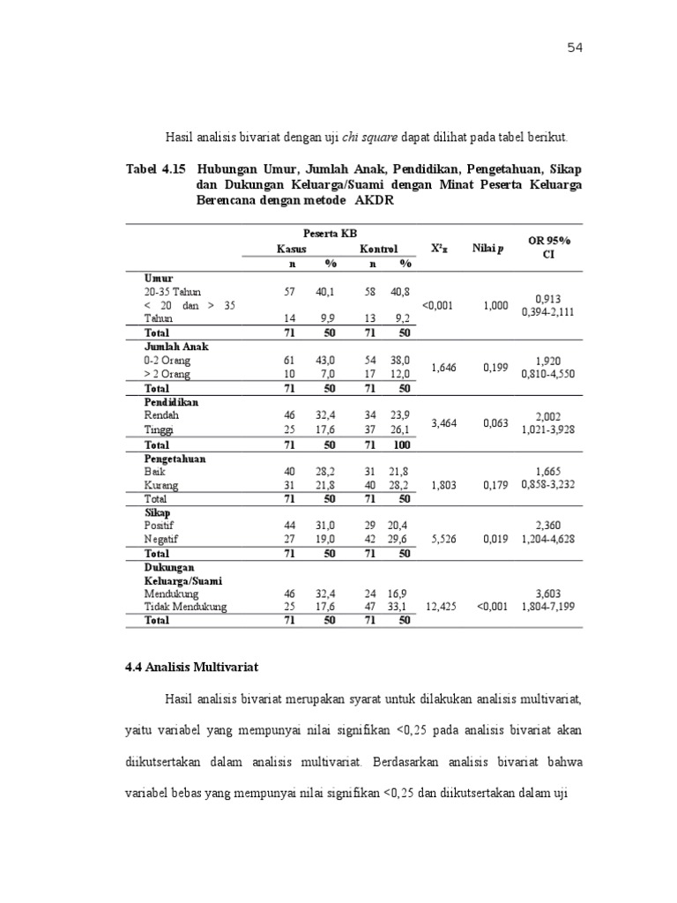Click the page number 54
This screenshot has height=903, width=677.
575,48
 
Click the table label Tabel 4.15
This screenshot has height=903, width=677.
155,168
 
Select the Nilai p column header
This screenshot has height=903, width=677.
488,249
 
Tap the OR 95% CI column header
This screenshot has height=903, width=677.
549,248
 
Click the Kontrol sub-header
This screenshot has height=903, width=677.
379,250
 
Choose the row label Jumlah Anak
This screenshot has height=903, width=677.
175,347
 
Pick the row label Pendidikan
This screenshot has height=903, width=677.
171,402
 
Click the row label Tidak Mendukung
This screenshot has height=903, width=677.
185,607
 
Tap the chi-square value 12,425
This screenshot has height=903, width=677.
442,607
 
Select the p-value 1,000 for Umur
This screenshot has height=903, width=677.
495,305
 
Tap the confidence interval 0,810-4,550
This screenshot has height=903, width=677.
548,374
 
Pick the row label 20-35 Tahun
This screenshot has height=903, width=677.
173,291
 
